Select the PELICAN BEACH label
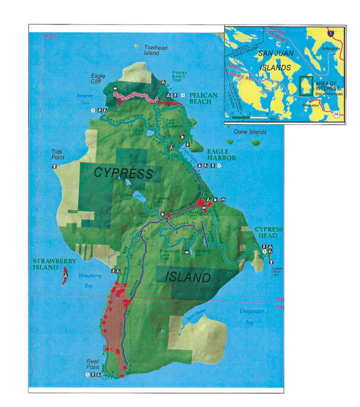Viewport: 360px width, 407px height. (203, 99)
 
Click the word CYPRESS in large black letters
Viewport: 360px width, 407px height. (124, 173)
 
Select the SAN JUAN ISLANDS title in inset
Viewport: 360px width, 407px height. (274, 60)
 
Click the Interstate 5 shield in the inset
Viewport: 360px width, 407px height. (331, 33)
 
